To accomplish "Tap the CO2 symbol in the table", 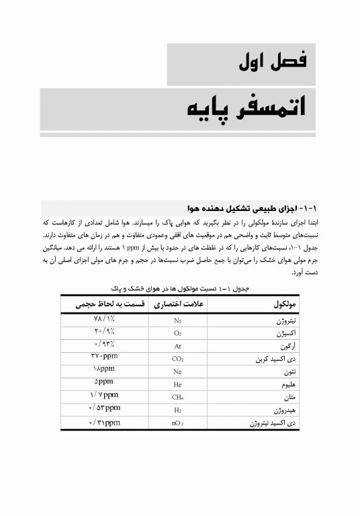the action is [178, 359].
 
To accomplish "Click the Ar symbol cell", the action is [178, 347].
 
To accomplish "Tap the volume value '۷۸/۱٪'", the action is [105, 319].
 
